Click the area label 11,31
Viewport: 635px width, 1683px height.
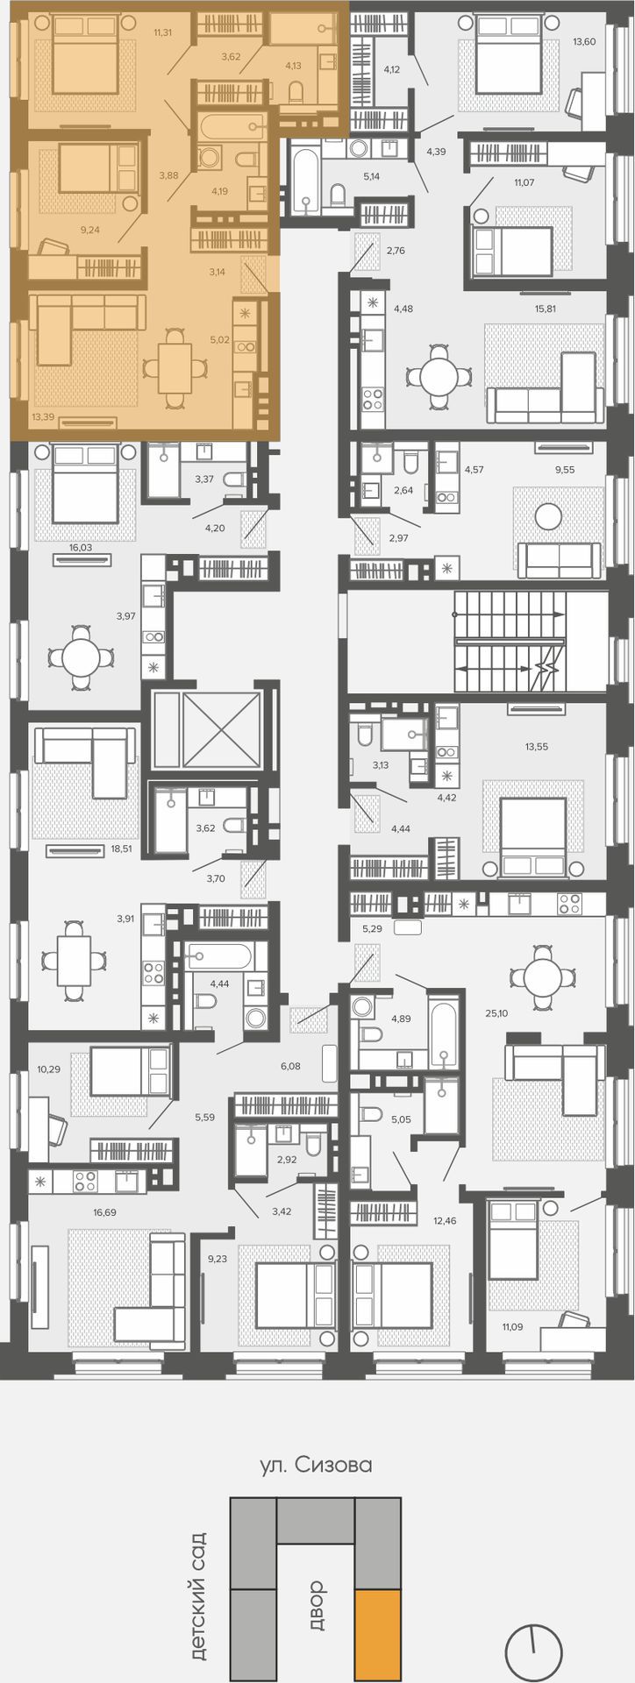tap(162, 33)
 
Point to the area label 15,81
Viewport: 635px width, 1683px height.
tap(546, 309)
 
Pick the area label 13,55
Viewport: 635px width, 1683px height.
tap(537, 747)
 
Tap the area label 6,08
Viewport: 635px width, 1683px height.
tap(290, 1066)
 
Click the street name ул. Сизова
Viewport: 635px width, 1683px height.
tap(317, 1465)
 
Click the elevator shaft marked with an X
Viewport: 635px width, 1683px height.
tap(206, 730)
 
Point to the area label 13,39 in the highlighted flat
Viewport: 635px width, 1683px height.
tap(43, 417)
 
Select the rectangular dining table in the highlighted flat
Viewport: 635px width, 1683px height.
tap(175, 367)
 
